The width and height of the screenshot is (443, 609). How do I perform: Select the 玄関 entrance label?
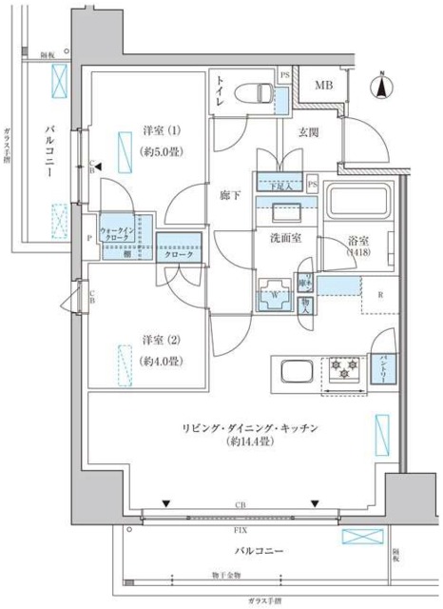308,134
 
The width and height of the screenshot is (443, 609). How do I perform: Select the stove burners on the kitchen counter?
342,366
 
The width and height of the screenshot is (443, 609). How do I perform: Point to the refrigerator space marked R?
380,294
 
